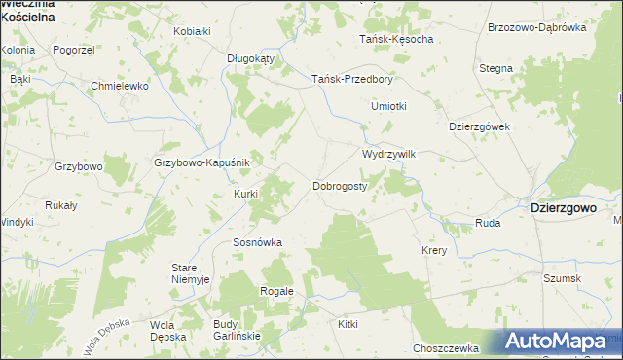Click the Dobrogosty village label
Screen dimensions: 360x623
[x=340, y=185]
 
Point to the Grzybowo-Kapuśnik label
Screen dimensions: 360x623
[x=202, y=162]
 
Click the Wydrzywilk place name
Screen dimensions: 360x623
[x=389, y=154]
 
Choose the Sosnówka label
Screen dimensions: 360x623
[x=257, y=242]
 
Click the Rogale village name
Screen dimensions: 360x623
[x=276, y=291]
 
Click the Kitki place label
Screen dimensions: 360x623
[x=348, y=323]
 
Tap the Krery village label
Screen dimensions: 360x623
[x=433, y=250]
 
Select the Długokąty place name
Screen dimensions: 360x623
[x=251, y=58]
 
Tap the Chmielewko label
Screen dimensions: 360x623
[x=119, y=87]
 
